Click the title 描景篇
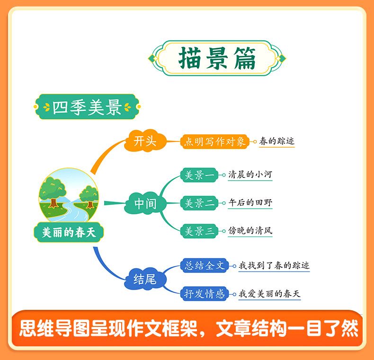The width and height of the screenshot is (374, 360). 217,59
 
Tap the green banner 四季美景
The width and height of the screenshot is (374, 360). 87,108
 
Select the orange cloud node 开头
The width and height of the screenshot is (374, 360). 145,141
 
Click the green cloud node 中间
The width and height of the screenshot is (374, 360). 145,203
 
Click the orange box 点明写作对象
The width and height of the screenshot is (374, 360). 215,141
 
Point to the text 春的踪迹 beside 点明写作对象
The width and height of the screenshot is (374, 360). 277,141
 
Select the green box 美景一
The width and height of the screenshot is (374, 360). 199,176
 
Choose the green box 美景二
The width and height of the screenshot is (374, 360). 199,203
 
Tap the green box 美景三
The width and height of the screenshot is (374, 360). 199,231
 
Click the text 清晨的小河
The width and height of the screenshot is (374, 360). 250,175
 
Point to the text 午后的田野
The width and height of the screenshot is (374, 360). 250,203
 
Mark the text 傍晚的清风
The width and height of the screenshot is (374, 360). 250,231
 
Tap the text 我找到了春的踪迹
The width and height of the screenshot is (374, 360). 274,266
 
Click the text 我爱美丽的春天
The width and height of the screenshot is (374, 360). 269,294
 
